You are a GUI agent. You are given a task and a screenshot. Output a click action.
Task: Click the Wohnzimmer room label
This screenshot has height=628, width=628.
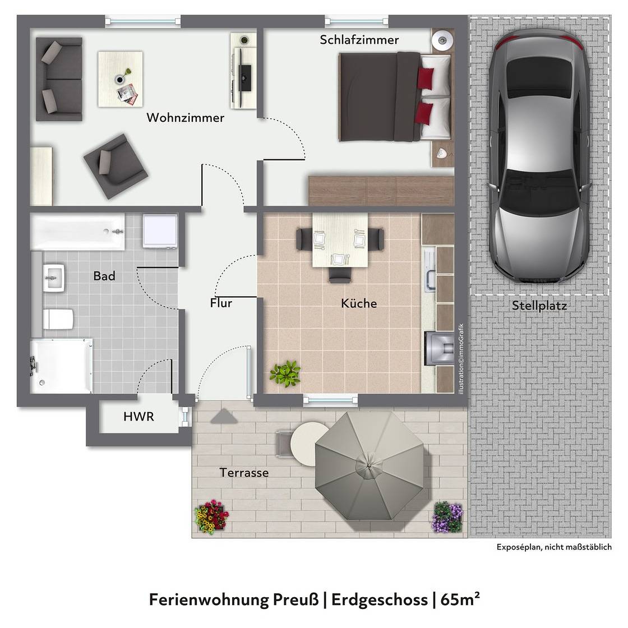tap(185, 118)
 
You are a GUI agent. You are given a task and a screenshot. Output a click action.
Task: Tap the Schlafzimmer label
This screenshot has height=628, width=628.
tap(359, 40)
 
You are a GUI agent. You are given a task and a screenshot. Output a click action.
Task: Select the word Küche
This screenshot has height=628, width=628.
tap(359, 303)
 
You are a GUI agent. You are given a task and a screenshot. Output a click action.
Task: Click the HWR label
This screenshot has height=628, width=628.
tap(138, 417)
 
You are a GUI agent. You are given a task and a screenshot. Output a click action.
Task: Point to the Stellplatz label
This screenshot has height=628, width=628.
tap(539, 306)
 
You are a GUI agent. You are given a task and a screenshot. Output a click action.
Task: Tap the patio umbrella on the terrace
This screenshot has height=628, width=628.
tap(368, 465)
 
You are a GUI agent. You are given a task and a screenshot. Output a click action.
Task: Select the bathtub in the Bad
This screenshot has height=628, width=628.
tap(78, 232)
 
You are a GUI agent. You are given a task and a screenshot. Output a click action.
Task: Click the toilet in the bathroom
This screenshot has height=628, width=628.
tap(58, 319)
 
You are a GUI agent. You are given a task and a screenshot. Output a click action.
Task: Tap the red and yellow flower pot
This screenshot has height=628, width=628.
tap(211, 515)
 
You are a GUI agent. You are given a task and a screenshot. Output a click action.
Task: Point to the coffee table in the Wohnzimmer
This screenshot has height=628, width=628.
tap(121, 78)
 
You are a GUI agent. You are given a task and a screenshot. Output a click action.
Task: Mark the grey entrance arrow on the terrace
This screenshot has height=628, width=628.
tap(224, 417)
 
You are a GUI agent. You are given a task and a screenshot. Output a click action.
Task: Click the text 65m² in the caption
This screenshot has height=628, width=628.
tap(460, 599)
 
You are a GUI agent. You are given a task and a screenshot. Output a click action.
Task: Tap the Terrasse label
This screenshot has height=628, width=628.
tap(244, 473)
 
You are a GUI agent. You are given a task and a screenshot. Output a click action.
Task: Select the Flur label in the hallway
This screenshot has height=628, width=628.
tap(221, 303)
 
